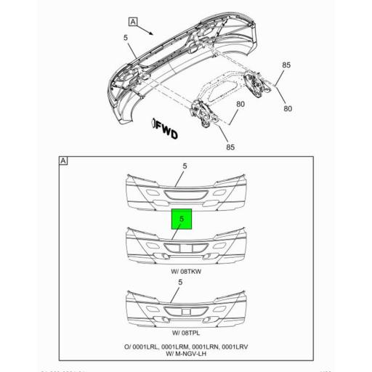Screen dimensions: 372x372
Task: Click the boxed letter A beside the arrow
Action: tap(133, 21)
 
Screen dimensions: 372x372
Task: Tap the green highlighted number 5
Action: tap(182, 217)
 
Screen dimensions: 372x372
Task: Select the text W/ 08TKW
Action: tap(185, 272)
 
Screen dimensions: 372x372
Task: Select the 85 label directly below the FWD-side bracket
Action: tap(230, 147)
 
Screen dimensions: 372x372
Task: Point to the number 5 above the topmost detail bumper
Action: tap(185, 166)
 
